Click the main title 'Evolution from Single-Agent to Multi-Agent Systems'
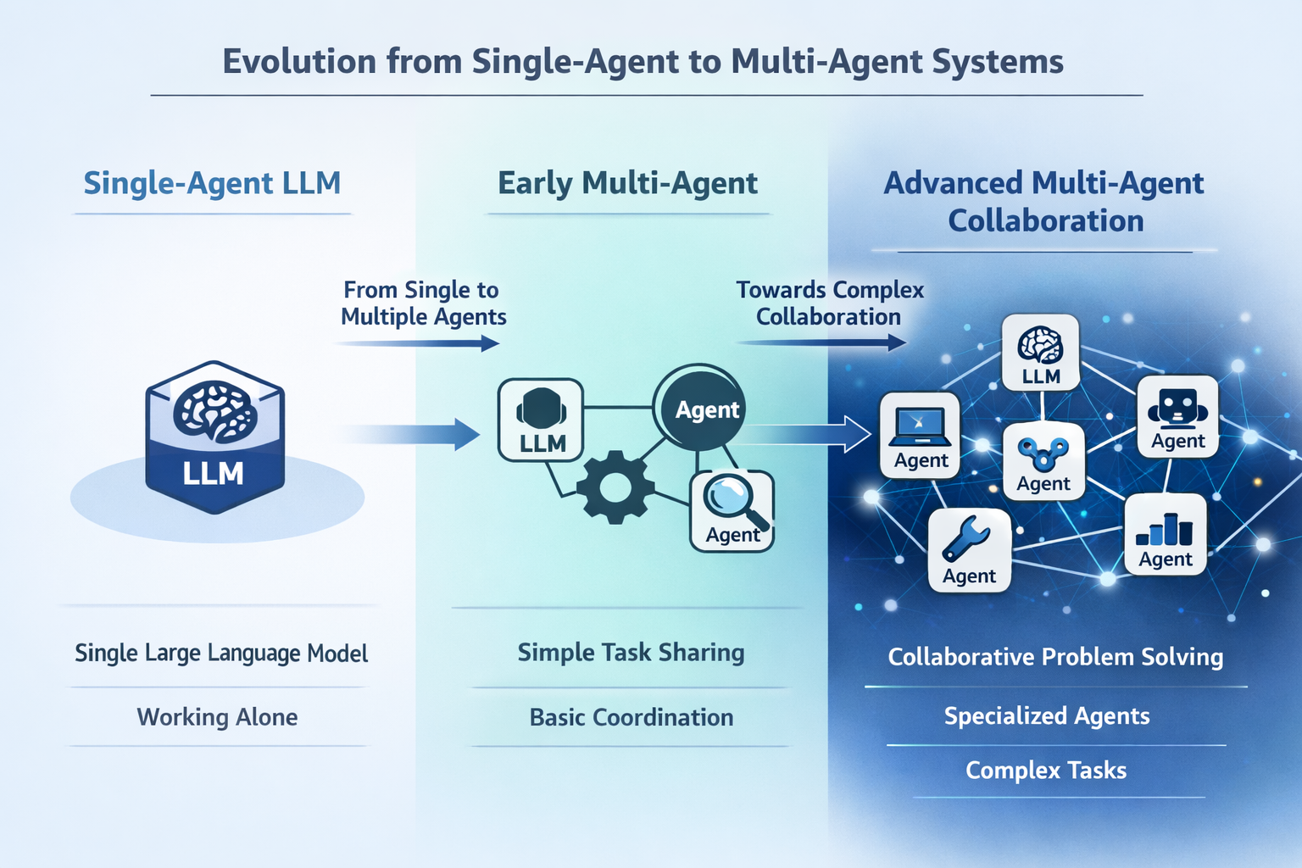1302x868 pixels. click(x=643, y=62)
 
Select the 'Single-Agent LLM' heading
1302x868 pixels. click(x=212, y=183)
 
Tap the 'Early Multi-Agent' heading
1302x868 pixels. click(x=627, y=183)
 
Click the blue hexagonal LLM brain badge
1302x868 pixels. click(x=214, y=437)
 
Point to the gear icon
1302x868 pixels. click(x=615, y=486)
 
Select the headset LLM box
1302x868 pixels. click(x=541, y=420)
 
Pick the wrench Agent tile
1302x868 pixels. click(x=970, y=550)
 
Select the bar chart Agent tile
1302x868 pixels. click(x=1166, y=535)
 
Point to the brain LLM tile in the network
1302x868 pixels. click(x=1041, y=353)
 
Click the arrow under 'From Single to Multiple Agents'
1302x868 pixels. click(x=417, y=343)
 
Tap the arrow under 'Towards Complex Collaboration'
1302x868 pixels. click(x=821, y=342)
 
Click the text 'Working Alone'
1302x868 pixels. click(x=218, y=717)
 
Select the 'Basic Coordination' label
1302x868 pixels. click(x=632, y=717)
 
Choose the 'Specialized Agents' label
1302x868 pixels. click(x=1047, y=716)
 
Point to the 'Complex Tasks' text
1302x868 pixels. click(x=1046, y=771)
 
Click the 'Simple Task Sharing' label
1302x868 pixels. click(x=631, y=653)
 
